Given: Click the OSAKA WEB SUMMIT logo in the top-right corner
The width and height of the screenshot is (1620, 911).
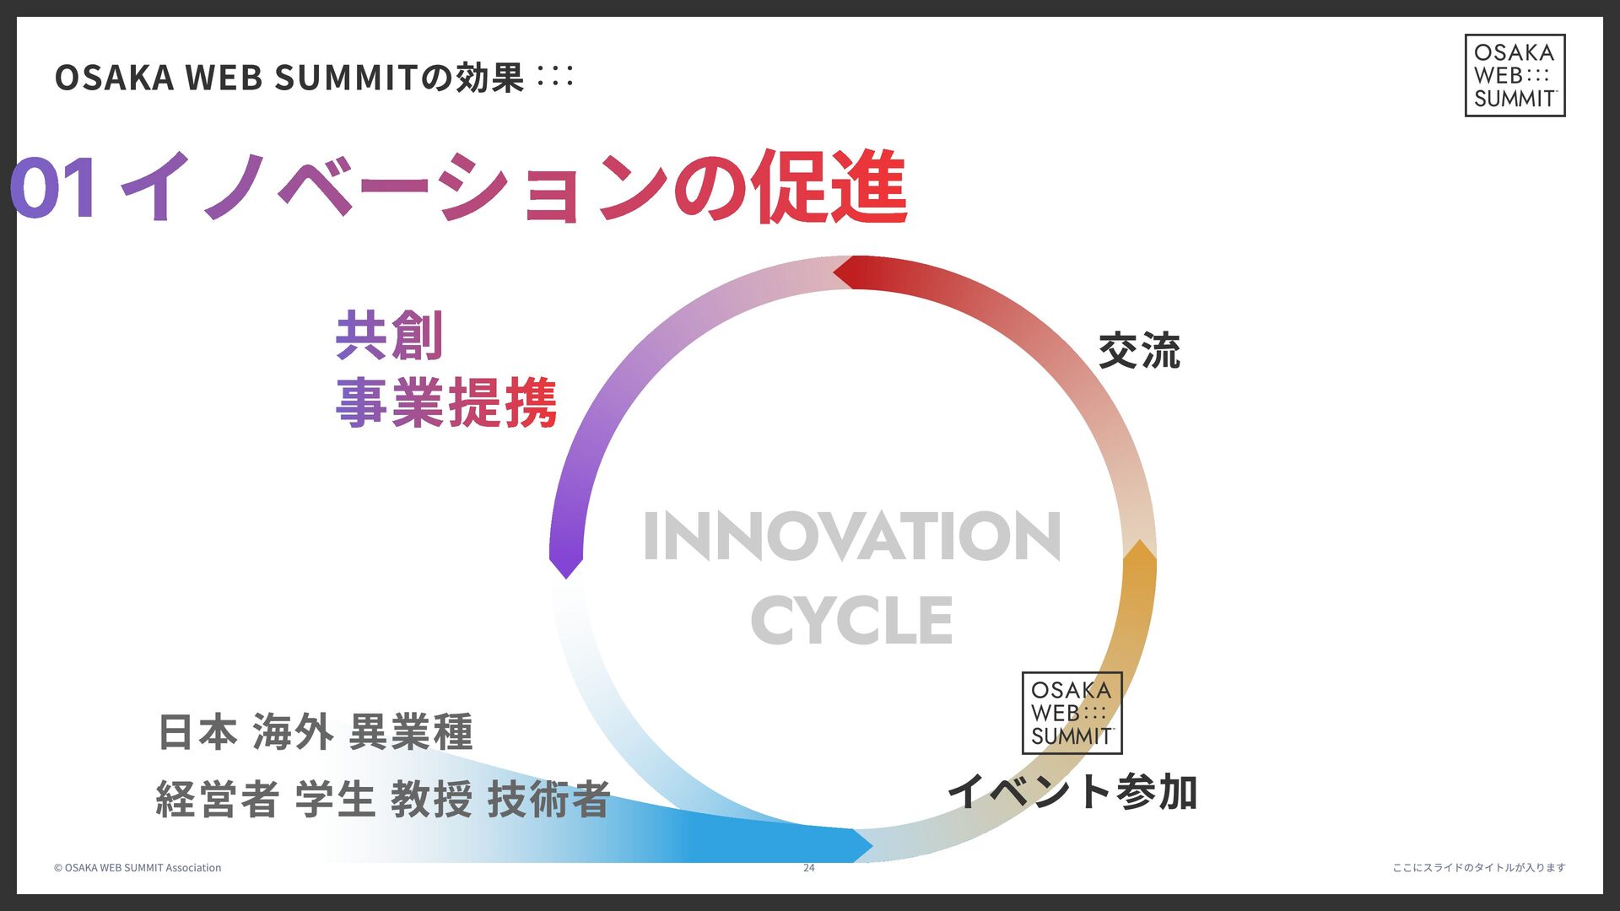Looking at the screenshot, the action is pos(1515,75).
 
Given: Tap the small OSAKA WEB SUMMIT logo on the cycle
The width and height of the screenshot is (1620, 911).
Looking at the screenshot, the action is pos(1072,713).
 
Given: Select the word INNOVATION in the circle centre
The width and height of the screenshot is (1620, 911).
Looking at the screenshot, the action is pos(851,536).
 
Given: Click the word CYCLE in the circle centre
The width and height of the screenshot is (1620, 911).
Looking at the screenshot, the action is pos(851,620).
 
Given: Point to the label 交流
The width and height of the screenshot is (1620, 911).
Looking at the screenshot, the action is pos(1139,351).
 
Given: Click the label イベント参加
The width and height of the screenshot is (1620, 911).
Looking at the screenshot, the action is pos(1072,792).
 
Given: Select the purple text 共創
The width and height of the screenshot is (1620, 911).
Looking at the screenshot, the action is pos(389,336).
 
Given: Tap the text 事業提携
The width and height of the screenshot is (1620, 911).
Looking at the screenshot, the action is pos(446,403).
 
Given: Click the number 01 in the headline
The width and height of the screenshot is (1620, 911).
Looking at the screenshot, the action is pos(54,187).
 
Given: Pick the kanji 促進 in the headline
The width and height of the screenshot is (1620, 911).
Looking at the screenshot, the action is pos(831,187).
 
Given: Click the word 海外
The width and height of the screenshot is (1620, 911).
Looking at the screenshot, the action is pos(293,731).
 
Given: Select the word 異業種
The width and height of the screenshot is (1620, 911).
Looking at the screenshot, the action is pos(411,731).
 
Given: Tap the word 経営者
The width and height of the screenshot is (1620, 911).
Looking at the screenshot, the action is pos(217,799).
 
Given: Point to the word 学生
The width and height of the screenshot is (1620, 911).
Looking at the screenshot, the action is pos(335,799).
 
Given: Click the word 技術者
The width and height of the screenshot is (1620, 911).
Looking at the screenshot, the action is pos(548,799).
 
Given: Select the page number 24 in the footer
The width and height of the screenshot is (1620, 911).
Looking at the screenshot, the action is pos(808,868).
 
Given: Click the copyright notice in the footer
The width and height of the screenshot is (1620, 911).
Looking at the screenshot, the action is pos(138,868).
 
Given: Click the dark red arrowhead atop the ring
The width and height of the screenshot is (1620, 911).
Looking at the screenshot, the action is pos(847,272).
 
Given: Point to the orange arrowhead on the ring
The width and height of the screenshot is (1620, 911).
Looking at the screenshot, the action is pos(1139,553).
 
